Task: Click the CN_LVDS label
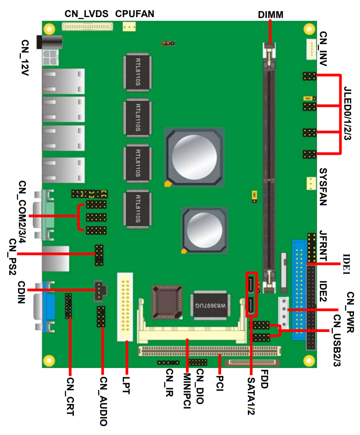click(x=86, y=14)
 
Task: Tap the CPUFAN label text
click(x=134, y=14)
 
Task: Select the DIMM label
click(x=270, y=15)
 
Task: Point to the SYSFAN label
click(x=323, y=187)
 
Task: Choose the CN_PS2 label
click(x=13, y=256)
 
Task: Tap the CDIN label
click(x=22, y=292)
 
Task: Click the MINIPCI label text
click(x=187, y=391)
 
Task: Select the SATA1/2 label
click(x=251, y=396)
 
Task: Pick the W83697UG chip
click(x=210, y=305)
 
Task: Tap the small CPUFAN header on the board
click(x=129, y=27)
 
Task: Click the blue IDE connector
click(x=299, y=290)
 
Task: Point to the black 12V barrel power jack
click(x=49, y=42)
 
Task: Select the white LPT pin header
click(x=125, y=307)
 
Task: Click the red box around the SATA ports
click(x=252, y=294)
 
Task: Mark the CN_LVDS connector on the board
click(x=87, y=27)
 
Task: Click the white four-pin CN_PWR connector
click(x=283, y=312)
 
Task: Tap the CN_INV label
click(x=323, y=48)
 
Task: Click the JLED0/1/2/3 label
click(x=348, y=113)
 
